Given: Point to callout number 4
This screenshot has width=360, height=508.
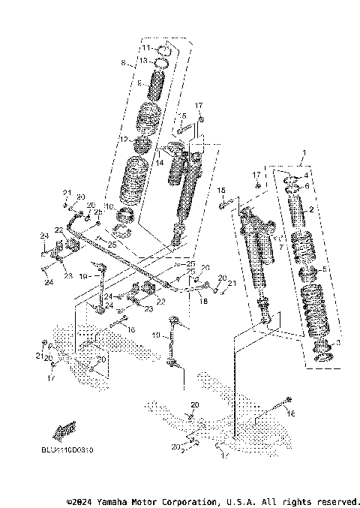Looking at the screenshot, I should tap(327, 176).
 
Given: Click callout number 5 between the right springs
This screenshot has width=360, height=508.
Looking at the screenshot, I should tap(324, 269).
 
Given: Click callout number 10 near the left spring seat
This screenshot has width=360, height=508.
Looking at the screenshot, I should tap(109, 206).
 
